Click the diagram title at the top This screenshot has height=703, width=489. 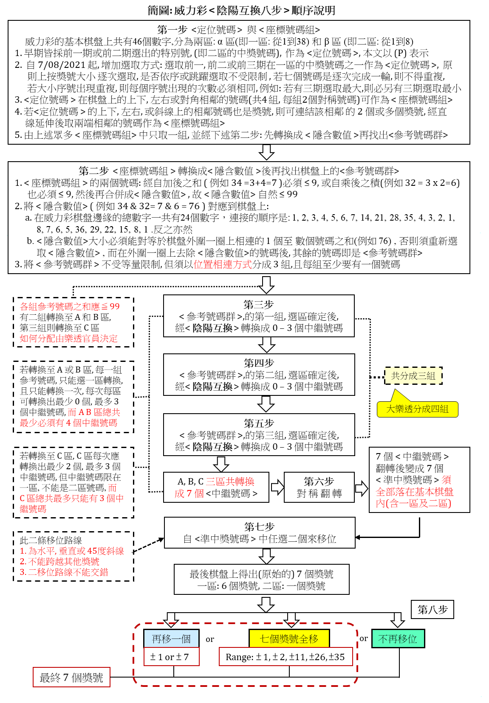241,10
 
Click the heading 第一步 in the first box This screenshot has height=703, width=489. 172,30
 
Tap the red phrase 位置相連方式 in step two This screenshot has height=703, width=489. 223,264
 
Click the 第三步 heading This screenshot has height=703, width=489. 258,305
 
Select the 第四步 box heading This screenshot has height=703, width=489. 259,363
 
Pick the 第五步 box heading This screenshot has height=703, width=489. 259,423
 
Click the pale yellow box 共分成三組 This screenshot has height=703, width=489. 413,376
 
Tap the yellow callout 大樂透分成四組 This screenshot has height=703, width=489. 417,409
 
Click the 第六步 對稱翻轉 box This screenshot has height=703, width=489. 319,487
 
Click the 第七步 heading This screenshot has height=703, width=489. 259,527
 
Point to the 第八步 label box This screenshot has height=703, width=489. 432,610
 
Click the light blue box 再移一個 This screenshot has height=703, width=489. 171,639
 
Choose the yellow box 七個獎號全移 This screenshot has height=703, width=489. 289,639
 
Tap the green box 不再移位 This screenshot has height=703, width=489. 398,639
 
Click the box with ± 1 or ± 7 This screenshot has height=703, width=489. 171,657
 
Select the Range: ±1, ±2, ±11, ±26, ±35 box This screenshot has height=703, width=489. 285,657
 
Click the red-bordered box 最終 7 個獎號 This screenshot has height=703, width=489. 71,678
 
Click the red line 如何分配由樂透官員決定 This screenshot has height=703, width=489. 68,339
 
